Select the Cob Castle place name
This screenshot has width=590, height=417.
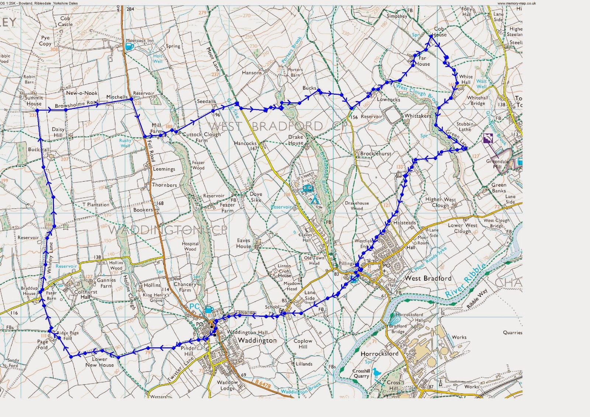(65, 21)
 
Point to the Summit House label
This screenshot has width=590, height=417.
(34, 101)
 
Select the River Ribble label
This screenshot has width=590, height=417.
(465, 281)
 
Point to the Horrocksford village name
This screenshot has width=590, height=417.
(379, 354)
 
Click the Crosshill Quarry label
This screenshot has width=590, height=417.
(361, 373)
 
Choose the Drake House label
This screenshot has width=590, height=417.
(295, 140)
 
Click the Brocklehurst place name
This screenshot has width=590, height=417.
(375, 154)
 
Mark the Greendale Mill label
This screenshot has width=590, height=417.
(497, 164)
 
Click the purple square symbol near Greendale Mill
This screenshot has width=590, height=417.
(488, 139)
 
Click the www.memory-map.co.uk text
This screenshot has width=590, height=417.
(516, 3)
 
